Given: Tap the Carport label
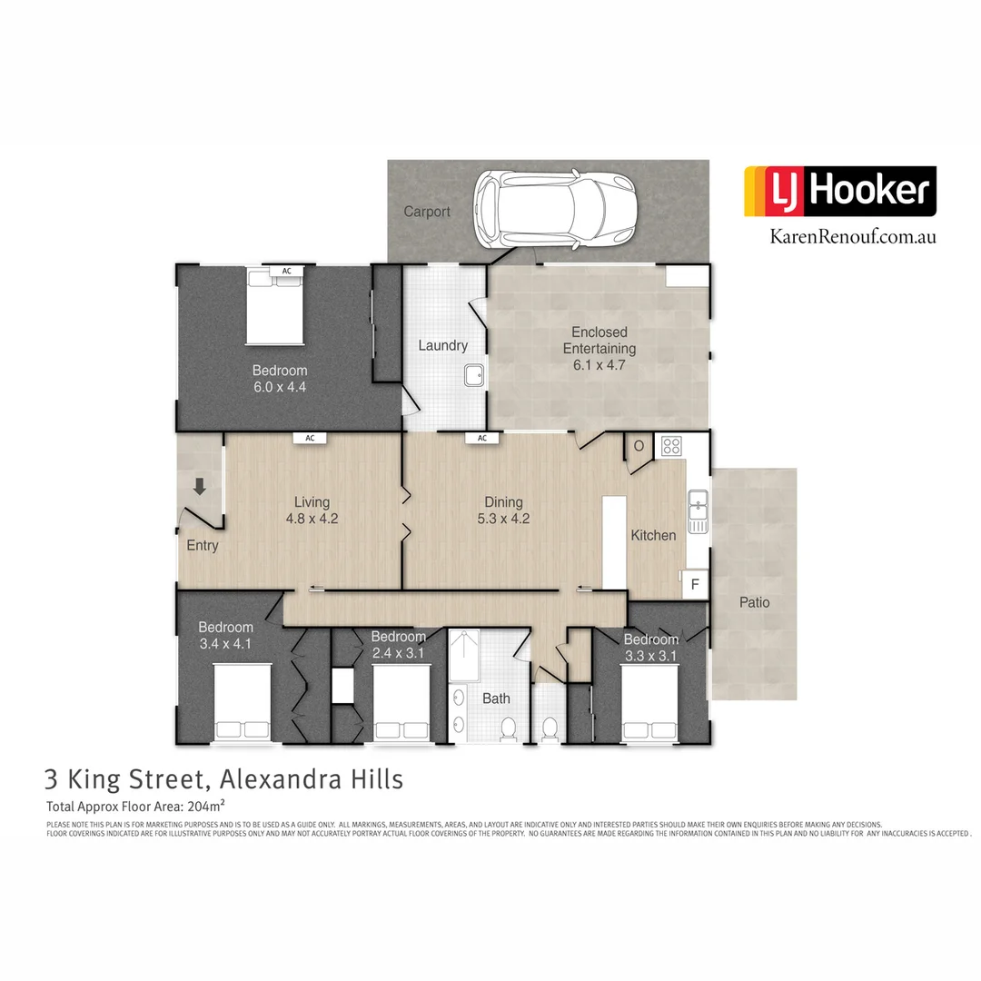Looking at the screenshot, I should [427, 212].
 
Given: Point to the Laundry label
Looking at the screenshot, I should [443, 345].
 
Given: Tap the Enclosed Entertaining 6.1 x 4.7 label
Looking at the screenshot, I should [599, 349].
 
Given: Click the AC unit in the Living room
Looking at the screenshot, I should [310, 438].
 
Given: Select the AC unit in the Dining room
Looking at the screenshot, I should [482, 438].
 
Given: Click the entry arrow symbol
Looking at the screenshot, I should [200, 487].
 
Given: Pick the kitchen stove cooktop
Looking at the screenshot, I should [671, 445].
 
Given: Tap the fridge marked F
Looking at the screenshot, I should [695, 584].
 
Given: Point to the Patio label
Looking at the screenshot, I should [754, 602].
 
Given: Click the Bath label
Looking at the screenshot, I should [496, 699].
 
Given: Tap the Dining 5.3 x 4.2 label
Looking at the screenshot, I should [503, 510].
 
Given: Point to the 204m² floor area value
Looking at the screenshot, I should [204, 806].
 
